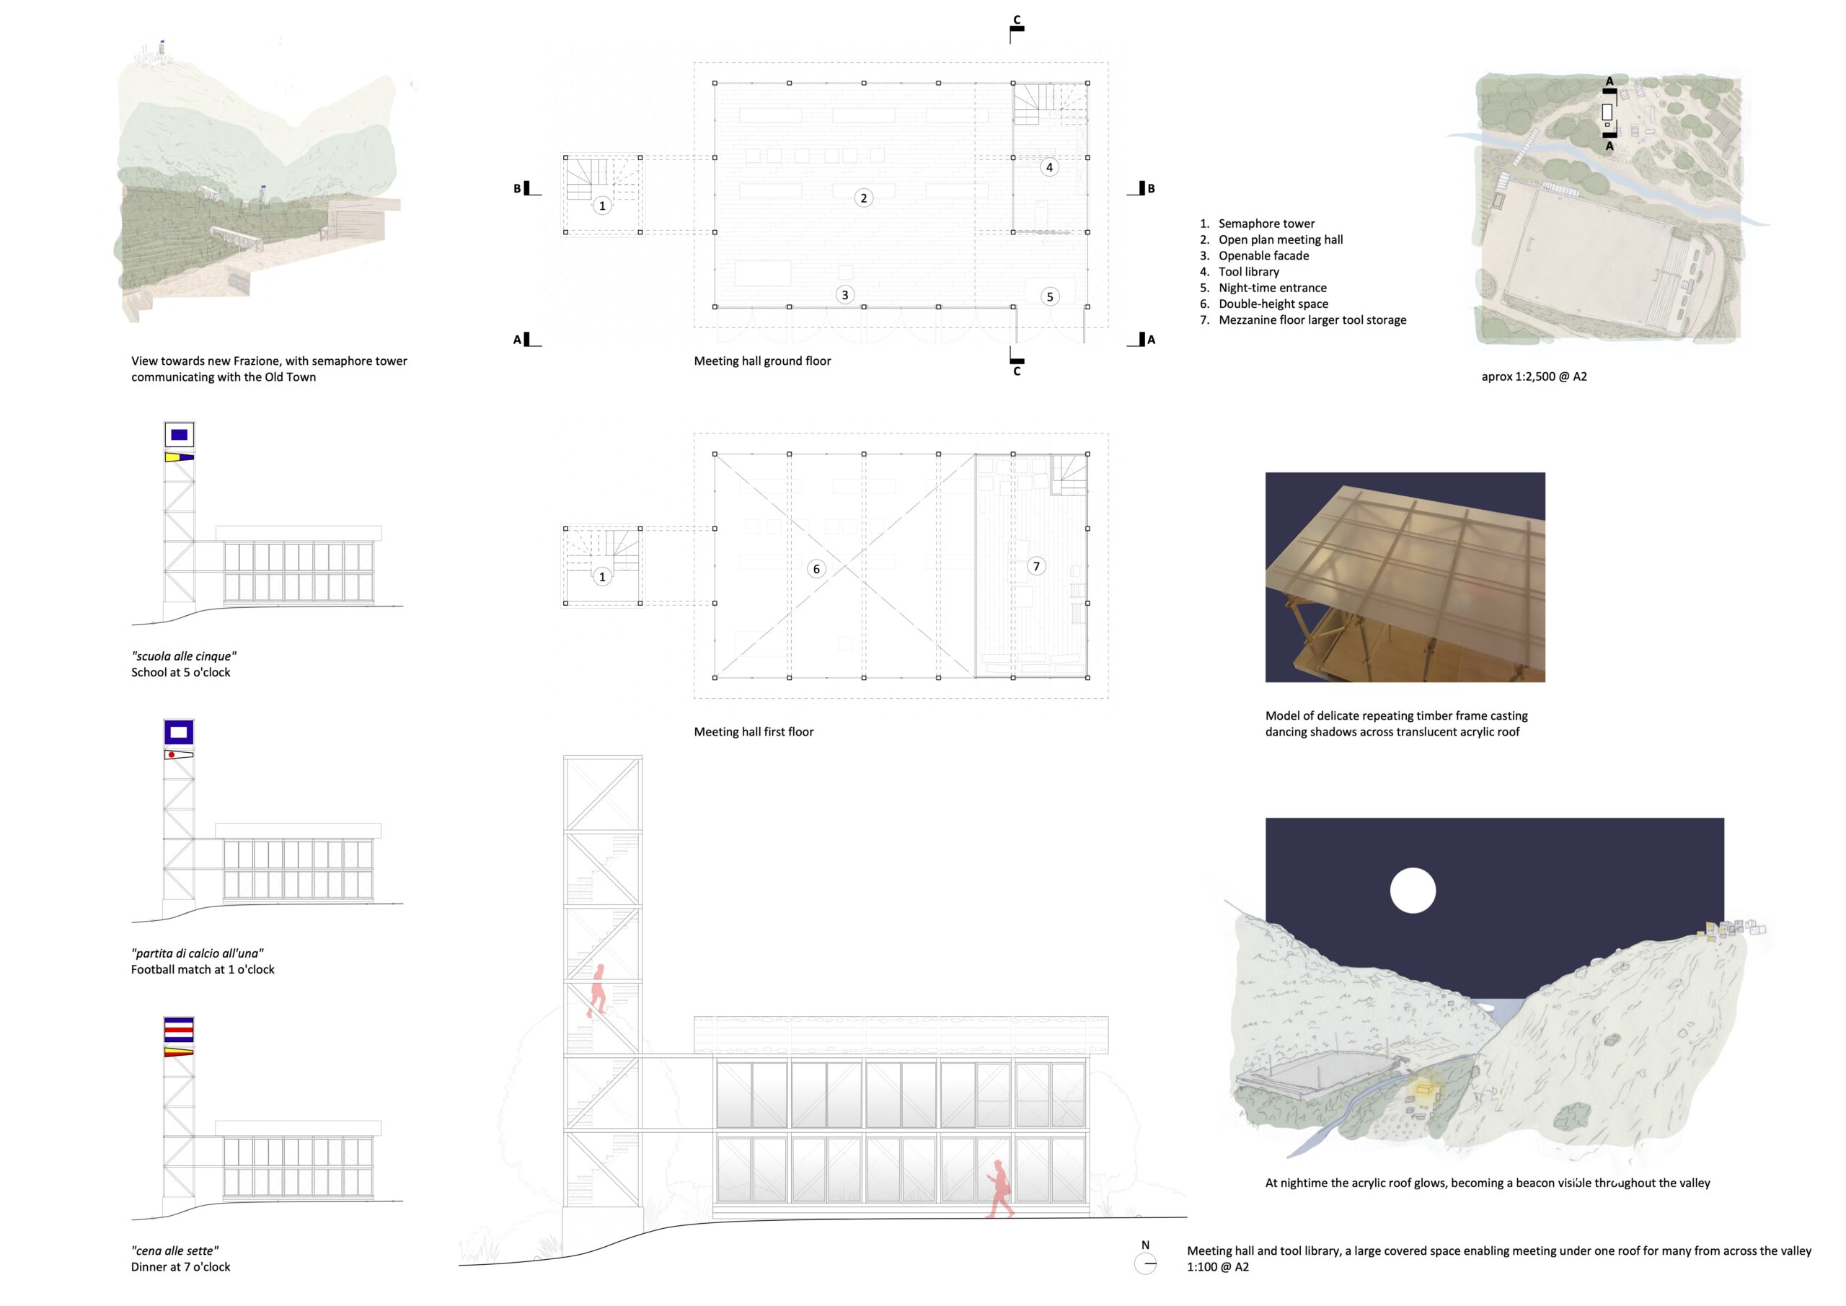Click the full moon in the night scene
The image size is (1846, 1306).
tap(1413, 890)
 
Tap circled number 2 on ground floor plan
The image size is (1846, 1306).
tap(863, 198)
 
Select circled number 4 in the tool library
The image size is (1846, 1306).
tap(1048, 167)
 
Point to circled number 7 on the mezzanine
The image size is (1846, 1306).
tap(1036, 566)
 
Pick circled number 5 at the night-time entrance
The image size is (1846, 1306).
tap(1049, 296)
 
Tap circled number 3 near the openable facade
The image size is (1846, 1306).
tap(844, 295)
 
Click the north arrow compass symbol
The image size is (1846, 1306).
tap(1145, 1263)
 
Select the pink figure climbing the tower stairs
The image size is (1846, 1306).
tap(597, 991)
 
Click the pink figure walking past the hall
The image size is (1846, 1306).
tap(999, 1188)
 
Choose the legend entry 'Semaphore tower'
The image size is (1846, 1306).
tap(1266, 224)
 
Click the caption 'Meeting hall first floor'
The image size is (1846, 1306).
tap(754, 732)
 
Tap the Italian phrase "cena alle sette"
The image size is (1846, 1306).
tap(175, 1250)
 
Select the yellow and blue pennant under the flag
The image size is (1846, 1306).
tap(179, 456)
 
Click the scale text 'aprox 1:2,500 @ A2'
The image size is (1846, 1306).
tap(1534, 376)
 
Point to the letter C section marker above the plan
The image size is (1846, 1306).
tap(1017, 21)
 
